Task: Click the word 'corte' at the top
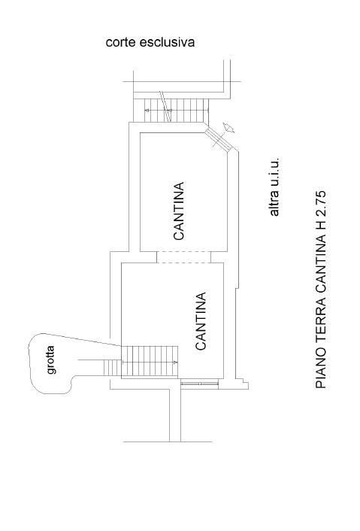coord(120,43)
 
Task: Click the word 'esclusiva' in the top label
coord(167,42)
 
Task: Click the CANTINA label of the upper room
coord(179,211)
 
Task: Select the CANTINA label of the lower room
coord(201,321)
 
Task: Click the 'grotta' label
coord(51,360)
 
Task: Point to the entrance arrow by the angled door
coord(228,129)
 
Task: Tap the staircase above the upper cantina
coord(176,110)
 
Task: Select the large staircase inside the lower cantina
coord(150,361)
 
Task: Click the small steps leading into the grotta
coord(112,368)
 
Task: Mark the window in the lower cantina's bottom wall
coord(200,384)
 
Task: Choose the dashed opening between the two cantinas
coord(183,257)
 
